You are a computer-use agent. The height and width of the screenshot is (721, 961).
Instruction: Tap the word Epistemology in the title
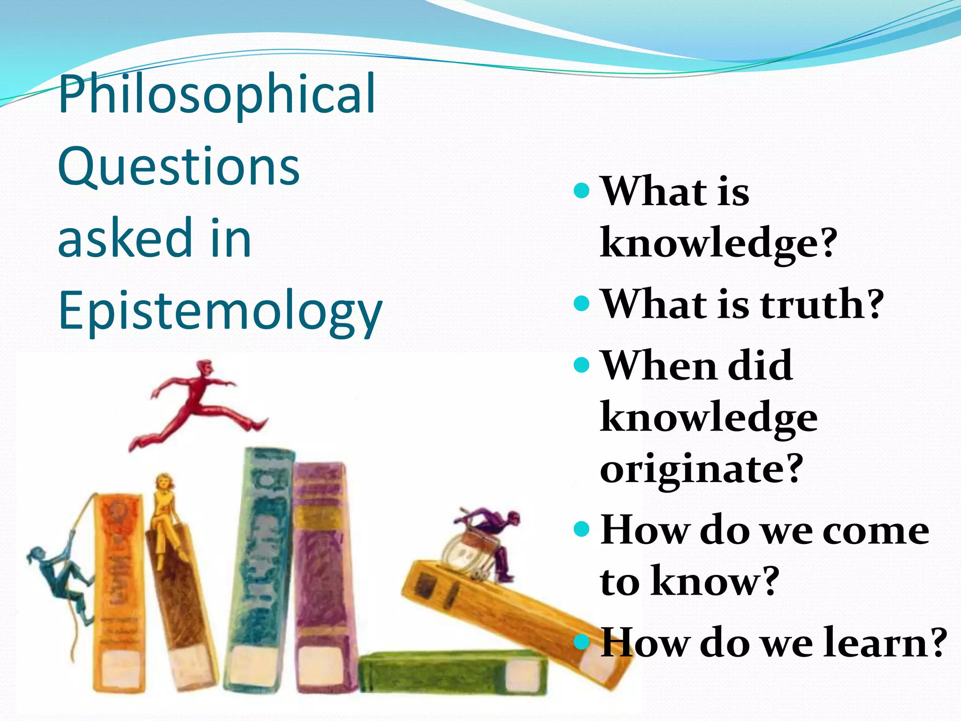221,311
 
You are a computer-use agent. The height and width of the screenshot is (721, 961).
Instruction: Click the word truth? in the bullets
821,304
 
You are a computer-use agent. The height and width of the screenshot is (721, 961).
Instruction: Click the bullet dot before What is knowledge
581,190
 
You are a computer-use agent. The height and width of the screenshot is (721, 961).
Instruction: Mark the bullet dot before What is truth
581,303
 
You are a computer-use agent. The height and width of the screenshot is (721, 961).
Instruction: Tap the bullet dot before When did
581,365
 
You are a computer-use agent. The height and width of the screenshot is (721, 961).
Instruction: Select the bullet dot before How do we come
581,529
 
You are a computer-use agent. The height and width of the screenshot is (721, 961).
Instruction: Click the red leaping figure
197,404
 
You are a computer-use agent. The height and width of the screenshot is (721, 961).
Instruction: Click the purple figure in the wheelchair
497,530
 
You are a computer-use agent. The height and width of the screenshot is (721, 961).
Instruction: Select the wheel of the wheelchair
462,554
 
